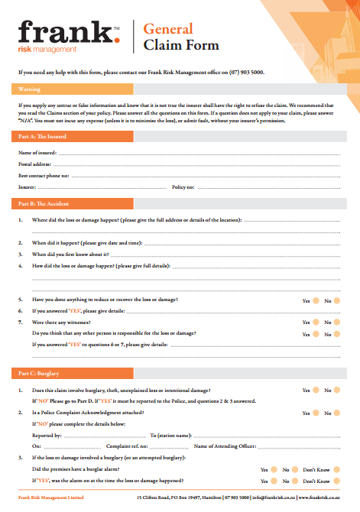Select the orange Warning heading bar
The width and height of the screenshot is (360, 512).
click(180, 89)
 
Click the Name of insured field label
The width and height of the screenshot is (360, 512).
click(37, 154)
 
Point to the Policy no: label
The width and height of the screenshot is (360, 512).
click(184, 186)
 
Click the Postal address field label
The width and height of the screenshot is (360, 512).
click(35, 164)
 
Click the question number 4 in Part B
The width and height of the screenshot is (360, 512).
click(20, 266)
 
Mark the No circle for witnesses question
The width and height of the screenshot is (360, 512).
click(337, 323)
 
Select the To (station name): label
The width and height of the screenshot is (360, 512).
click(170, 434)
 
